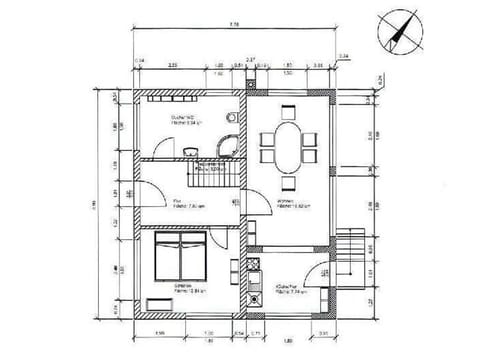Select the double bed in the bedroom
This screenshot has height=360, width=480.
pos(181,258)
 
